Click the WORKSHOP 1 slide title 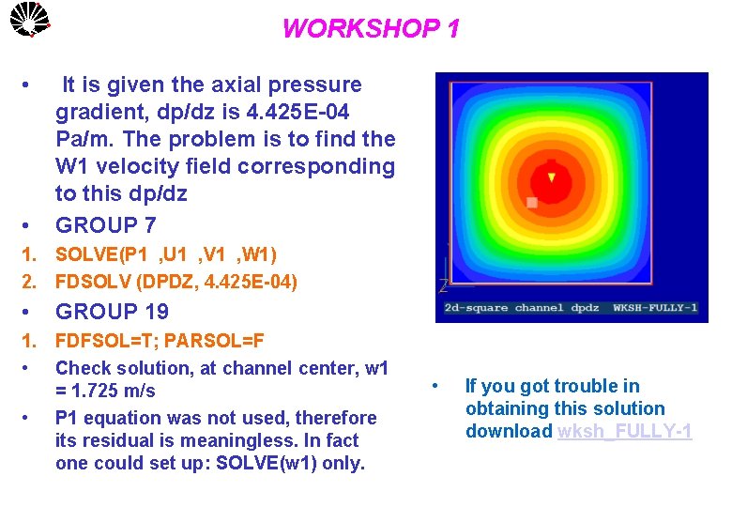(x=371, y=29)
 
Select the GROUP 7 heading (x=106, y=225)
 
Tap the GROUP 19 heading (x=113, y=312)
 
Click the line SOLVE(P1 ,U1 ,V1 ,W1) (x=166, y=254)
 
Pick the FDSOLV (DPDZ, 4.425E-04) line (x=176, y=281)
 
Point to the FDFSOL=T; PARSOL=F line (x=160, y=340)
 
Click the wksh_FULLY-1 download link (x=624, y=432)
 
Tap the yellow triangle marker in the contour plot (x=552, y=177)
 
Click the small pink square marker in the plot (x=532, y=202)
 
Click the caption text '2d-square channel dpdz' (x=522, y=308)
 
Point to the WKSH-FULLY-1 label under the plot (x=655, y=308)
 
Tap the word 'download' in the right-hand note (x=509, y=432)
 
